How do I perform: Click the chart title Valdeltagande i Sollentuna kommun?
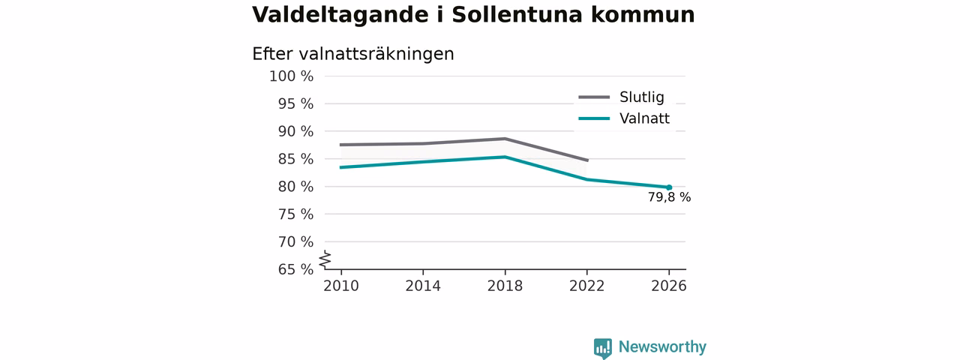coord(473,15)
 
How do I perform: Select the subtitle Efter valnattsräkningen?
coord(353,54)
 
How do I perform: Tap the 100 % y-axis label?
coord(292,76)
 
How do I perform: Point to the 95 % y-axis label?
coord(295,103)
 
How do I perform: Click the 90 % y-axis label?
coord(295,131)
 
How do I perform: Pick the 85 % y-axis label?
coord(295,159)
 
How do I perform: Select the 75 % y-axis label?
coord(295,214)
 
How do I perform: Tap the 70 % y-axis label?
coord(295,241)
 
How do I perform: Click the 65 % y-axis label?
coord(295,269)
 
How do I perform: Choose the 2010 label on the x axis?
coord(341,286)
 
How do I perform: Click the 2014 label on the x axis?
coord(423,286)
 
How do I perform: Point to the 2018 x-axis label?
coord(505,286)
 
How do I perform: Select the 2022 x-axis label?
coord(586,286)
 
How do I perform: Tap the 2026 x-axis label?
coord(669,286)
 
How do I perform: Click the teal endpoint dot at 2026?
coord(669,187)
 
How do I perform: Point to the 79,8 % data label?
coord(670,197)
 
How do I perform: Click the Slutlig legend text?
coord(641,97)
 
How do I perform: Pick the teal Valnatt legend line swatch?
coord(594,118)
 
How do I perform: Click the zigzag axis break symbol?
coord(325,259)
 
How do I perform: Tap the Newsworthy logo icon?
coord(602,348)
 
